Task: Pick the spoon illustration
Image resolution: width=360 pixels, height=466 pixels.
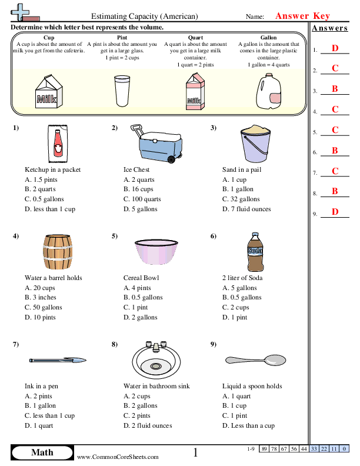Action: tap(255, 358)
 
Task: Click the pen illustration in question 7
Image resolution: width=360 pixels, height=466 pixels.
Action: tap(58, 359)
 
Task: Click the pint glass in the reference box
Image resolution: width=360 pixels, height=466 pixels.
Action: tap(122, 92)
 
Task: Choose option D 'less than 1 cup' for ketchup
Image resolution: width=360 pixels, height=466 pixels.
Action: tap(50, 209)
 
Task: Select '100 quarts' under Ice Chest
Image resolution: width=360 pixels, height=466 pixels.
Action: tap(142, 199)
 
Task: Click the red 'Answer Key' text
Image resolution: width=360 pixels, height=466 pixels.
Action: tap(303, 16)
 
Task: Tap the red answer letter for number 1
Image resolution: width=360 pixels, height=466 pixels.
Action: tap(335, 48)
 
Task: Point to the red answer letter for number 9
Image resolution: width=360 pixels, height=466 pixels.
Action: tap(335, 212)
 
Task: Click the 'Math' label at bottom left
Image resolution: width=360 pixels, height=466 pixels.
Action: tap(42, 452)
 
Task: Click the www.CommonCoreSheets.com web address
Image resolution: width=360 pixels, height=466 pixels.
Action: tap(118, 457)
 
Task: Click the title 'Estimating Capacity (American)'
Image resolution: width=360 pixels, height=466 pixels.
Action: tap(145, 17)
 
